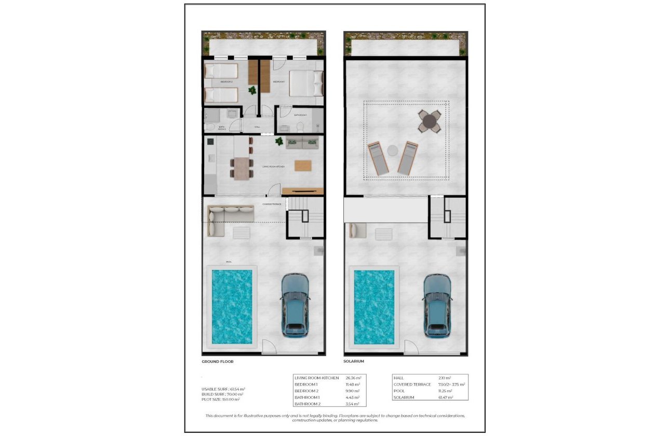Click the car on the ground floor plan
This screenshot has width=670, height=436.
pyautogui.click(x=295, y=305)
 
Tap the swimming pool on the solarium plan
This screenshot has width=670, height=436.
pyautogui.click(x=374, y=306)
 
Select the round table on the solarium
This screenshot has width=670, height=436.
pyautogui.click(x=430, y=121)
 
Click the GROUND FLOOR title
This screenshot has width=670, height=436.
pyautogui.click(x=218, y=361)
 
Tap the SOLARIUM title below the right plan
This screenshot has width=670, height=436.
pyautogui.click(x=354, y=361)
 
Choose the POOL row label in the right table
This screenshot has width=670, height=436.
pyautogui.click(x=400, y=391)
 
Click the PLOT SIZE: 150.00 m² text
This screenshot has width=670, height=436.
pyautogui.click(x=221, y=399)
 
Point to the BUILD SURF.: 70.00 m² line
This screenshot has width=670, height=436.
pyautogui.click(x=221, y=394)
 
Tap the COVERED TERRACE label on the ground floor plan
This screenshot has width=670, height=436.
pyautogui.click(x=272, y=204)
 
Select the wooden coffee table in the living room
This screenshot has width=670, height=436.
pyautogui.click(x=303, y=166)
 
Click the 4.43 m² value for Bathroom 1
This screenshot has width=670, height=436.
pyautogui.click(x=353, y=397)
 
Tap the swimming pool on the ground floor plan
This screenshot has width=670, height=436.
pyautogui.click(x=232, y=306)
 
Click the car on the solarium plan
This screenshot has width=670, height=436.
pyautogui.click(x=437, y=305)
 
